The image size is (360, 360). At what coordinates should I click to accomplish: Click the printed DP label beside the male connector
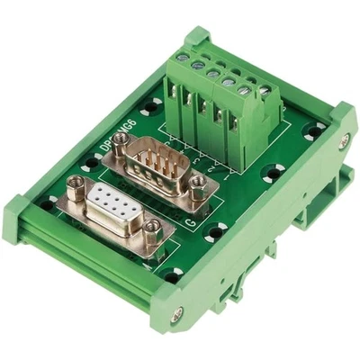[102, 145]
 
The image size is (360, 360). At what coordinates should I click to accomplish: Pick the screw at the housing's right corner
[344, 140]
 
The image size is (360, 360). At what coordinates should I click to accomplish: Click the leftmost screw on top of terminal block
[183, 58]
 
